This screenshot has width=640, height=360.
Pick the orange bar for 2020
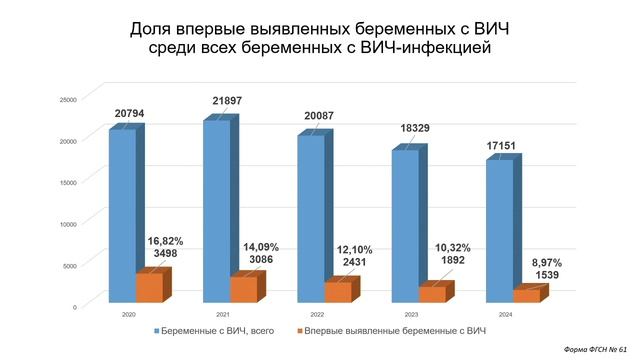[149, 287]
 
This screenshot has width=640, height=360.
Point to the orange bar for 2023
[431, 294]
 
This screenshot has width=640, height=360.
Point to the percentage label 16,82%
[166, 241]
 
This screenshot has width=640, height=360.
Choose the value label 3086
[259, 260]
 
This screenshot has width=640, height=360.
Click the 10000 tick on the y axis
[68, 223]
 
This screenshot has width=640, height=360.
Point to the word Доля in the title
[153, 28]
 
